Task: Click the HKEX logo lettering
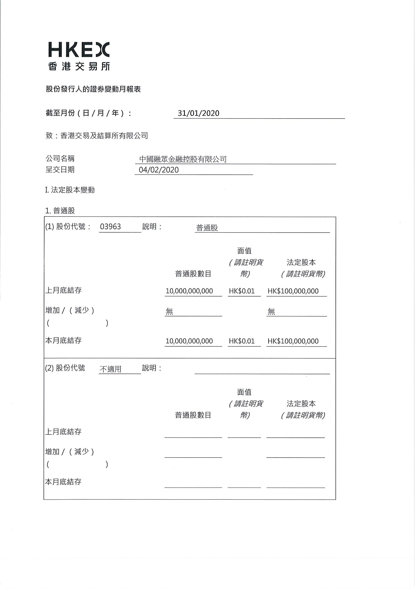pos(79,50)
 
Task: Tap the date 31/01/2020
pos(198,113)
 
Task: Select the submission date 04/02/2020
pos(159,170)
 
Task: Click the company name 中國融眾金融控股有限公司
pos(183,159)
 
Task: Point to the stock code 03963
pos(110,227)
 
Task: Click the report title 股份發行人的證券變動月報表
pos(93,89)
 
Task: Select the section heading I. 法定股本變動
pos(70,190)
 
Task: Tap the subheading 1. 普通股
pos(60,211)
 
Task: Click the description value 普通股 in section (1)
pos(207,228)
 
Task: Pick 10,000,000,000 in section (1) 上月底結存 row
pos(189,291)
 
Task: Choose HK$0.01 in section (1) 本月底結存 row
pos(242,341)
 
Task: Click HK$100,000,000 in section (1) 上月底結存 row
pos(293,291)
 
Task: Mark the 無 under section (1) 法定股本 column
pos(271,312)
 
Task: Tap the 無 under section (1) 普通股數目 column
pos(169,312)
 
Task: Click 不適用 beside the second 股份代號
pos(110,369)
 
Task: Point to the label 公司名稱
pos(60,159)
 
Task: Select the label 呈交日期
pos(60,170)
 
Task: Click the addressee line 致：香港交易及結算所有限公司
pos(97,135)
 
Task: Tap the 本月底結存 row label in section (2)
pos(63,482)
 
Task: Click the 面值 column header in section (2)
pos(244,392)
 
